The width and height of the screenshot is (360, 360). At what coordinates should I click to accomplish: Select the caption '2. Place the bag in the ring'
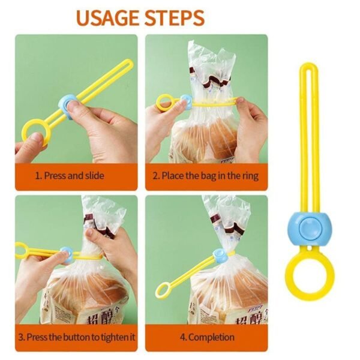(x=206, y=176)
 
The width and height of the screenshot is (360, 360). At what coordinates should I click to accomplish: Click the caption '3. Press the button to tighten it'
(x=76, y=337)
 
